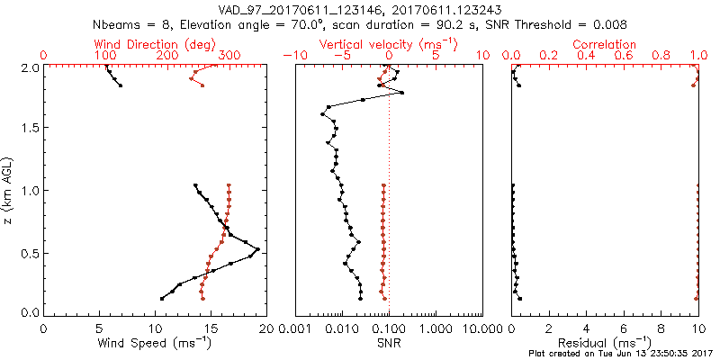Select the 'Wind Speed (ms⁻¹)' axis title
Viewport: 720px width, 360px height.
[x=155, y=342]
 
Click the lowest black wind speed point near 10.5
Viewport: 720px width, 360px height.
[x=162, y=298]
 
